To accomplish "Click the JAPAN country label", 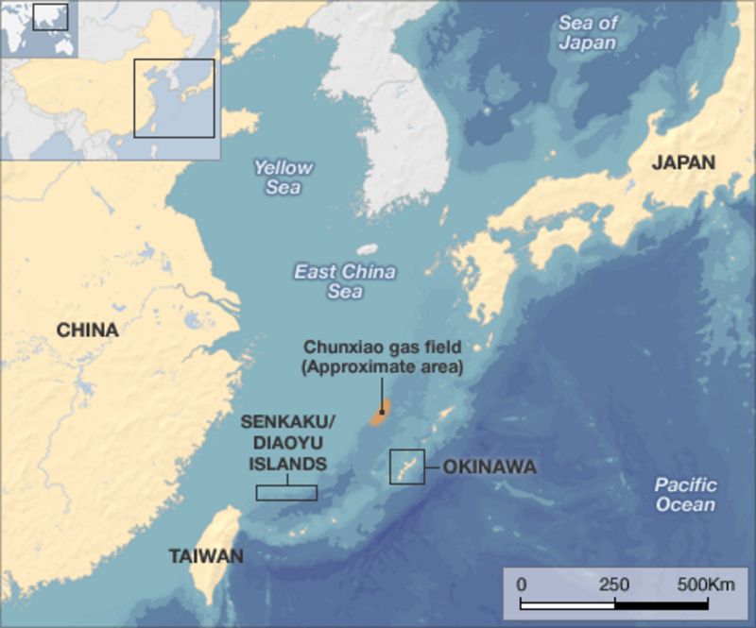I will [683, 161].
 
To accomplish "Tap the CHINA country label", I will [87, 331].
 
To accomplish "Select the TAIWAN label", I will [205, 556].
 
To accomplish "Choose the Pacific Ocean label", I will [685, 495].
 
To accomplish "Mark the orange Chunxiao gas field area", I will [379, 416].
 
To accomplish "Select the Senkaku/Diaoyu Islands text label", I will [287, 442].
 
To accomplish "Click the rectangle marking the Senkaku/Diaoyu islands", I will [286, 492].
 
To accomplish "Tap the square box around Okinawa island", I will [407, 467].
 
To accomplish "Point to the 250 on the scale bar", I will [614, 585].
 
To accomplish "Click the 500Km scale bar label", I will [705, 585].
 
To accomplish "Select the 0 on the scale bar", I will [522, 585].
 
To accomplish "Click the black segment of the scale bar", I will [661, 603].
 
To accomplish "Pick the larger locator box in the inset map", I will [174, 98].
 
